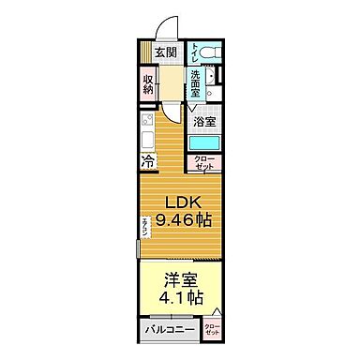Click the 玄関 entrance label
pyautogui.click(x=166, y=53)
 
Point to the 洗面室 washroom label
pyautogui.click(x=194, y=85)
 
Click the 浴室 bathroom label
pyautogui.click(x=205, y=122)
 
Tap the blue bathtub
pyautogui.click(x=203, y=143)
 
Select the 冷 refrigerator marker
pyautogui.click(x=148, y=162)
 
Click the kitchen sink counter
pyautogui.click(x=148, y=132)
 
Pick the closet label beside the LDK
pyautogui.click(x=203, y=163)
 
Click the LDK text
pyautogui.click(x=183, y=203)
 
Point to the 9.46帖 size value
pyautogui.click(x=183, y=223)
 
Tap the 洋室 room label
pyautogui.click(x=183, y=278)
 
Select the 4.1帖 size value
pyautogui.click(x=183, y=299)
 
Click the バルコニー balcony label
pyautogui.click(x=169, y=330)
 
